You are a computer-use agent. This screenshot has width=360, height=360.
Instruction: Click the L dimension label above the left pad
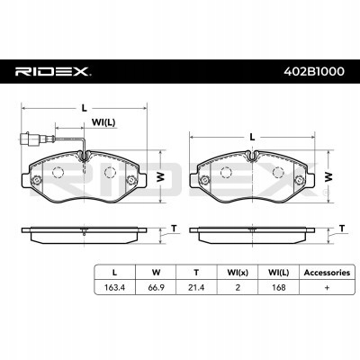(x=83, y=107)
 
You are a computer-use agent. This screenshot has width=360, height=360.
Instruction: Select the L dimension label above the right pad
(x=252, y=135)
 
